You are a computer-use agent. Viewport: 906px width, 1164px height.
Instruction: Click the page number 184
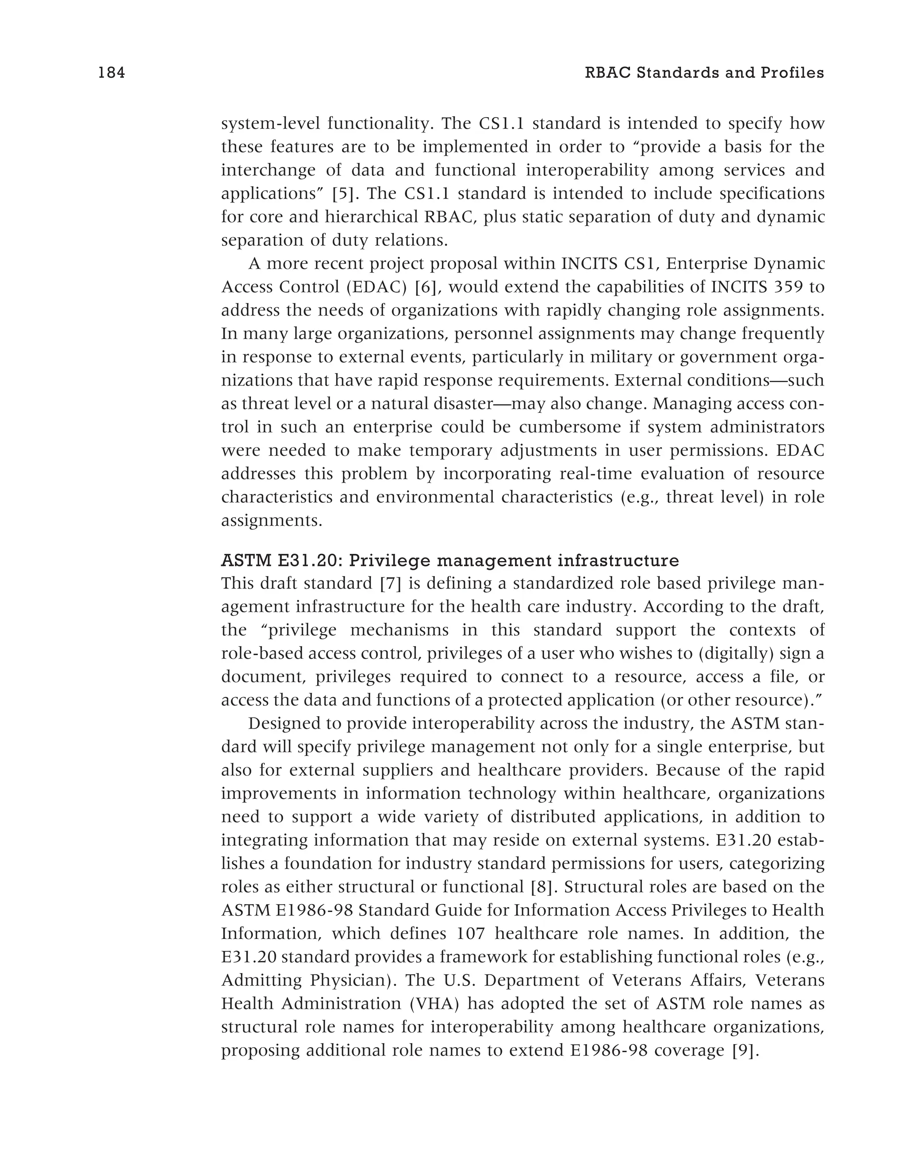[111, 73]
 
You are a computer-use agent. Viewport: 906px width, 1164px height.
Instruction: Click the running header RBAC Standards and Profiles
[704, 73]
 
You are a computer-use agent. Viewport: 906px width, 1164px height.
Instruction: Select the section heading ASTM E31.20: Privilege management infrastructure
[450, 561]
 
